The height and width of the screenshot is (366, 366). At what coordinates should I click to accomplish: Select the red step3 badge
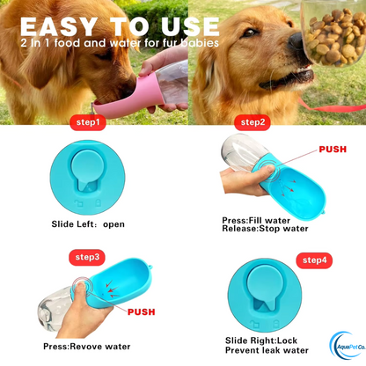tap(88, 258)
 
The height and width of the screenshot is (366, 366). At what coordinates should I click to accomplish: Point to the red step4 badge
tap(316, 260)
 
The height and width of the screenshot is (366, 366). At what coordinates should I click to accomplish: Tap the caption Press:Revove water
tap(82, 346)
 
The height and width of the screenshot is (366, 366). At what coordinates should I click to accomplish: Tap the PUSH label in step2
tap(332, 150)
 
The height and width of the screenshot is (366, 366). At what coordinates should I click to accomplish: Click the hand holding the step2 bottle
tap(243, 184)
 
